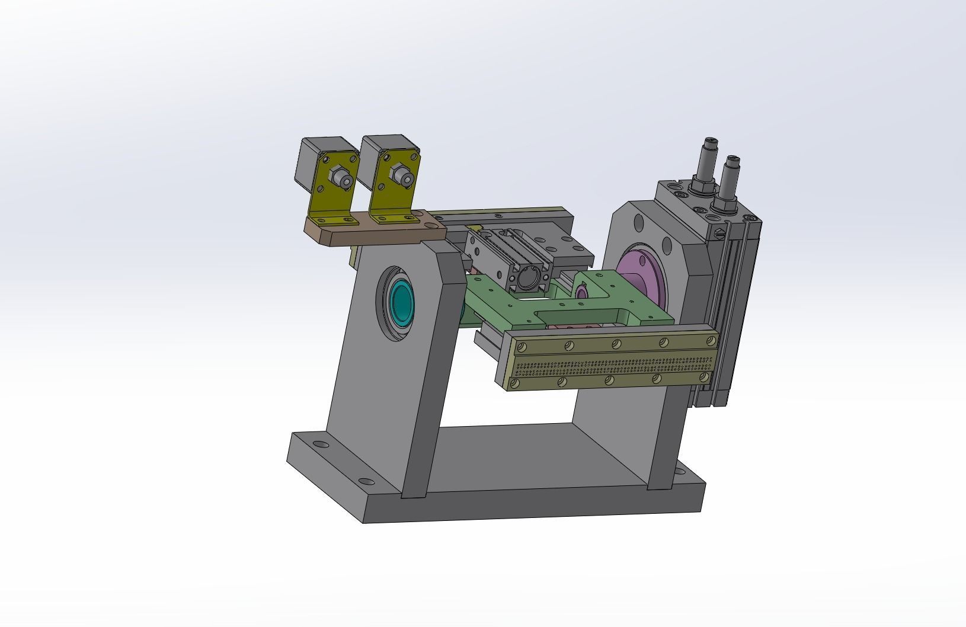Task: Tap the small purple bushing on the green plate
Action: tap(581, 292)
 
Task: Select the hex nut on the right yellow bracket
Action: tap(401, 175)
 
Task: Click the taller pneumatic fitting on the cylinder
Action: tap(709, 163)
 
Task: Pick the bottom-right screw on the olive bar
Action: tap(704, 377)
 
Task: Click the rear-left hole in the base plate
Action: tap(319, 444)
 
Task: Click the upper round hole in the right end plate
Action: tap(639, 223)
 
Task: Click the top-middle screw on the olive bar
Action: tap(616, 344)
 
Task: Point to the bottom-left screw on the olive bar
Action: tap(514, 384)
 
